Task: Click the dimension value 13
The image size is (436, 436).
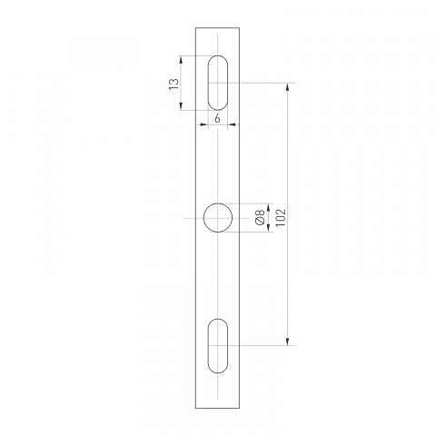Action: point(173,84)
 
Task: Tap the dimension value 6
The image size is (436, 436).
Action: point(217,119)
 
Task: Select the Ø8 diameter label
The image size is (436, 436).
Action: point(260,217)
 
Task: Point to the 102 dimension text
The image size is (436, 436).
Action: point(281,217)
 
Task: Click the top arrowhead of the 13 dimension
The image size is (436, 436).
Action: point(181,59)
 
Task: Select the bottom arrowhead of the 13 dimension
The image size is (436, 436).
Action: point(181,106)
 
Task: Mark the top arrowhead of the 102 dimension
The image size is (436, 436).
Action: point(287,86)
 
